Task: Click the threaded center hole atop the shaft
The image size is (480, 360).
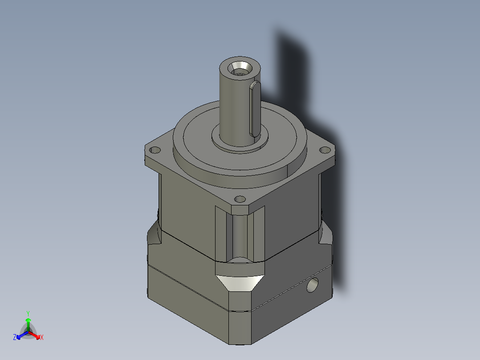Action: point(240,69)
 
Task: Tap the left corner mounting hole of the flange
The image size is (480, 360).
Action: point(156,150)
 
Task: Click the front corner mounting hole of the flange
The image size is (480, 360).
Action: point(240,199)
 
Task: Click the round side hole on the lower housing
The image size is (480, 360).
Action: point(313,285)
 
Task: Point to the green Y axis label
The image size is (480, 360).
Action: point(28,313)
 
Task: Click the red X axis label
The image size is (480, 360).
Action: point(42,338)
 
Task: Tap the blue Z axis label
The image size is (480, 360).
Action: point(15,338)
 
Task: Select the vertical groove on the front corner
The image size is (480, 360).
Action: point(240,236)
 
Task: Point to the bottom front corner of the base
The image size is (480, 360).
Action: point(240,343)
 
